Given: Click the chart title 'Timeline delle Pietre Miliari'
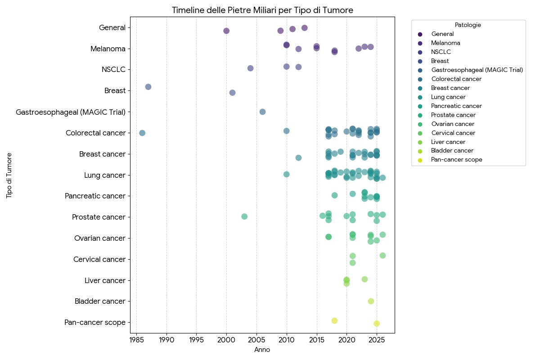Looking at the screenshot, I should (262, 10).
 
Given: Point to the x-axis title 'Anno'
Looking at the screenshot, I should (262, 350).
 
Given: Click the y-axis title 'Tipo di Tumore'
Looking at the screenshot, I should (9, 175).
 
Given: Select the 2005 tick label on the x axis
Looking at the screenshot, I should (256, 338).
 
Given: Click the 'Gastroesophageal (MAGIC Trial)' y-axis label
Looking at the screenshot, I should (71, 112).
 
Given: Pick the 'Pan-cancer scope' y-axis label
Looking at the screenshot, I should (95, 322).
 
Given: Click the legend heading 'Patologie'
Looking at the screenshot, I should (468, 25).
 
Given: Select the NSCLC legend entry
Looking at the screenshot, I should (441, 52).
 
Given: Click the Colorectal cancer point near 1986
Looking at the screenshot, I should (142, 133).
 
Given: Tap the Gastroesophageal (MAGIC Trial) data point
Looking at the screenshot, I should (262, 112).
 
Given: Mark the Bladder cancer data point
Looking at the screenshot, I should (371, 301).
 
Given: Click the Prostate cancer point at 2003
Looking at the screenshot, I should (244, 216).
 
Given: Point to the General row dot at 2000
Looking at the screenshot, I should (226, 31).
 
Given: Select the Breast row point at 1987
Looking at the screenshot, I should (148, 87).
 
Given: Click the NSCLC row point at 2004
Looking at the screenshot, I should (250, 68).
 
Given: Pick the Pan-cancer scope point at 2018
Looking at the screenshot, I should (334, 320).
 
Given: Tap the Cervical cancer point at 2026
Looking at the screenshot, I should (382, 255).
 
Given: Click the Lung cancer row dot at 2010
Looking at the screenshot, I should (286, 174).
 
